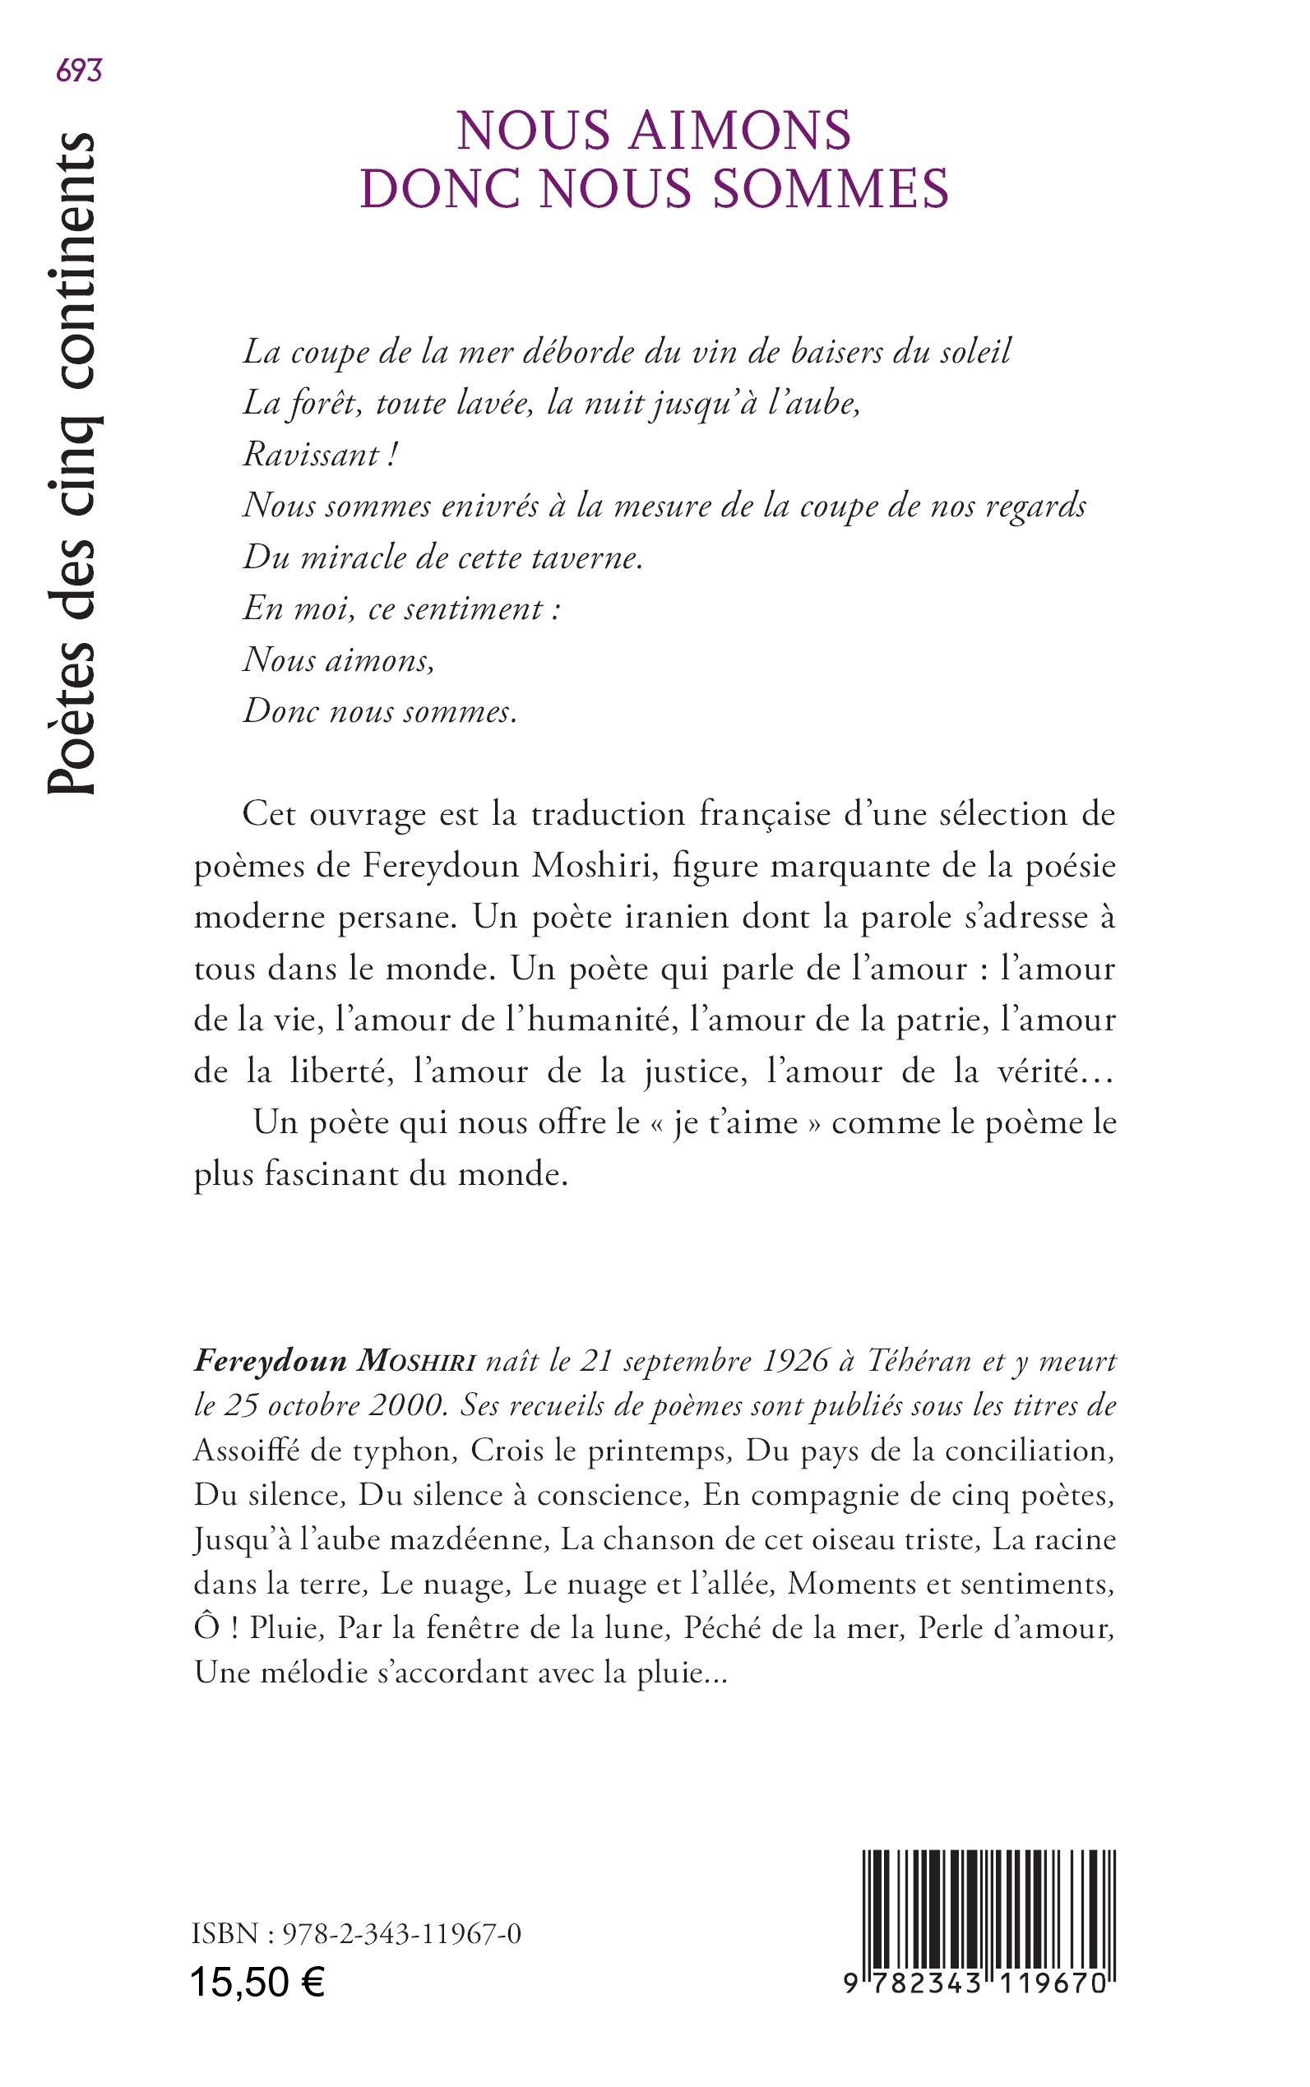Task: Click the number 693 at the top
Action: (x=79, y=71)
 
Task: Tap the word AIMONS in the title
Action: (x=740, y=131)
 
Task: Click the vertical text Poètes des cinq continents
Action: (x=71, y=464)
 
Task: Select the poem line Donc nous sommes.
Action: (x=379, y=712)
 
